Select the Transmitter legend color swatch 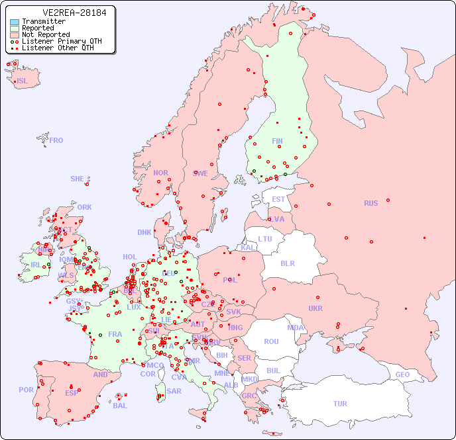pyautogui.click(x=15, y=22)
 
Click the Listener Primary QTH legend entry pyautogui.click(x=56, y=41)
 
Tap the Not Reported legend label pyautogui.click(x=46, y=34)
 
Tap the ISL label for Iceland pyautogui.click(x=23, y=81)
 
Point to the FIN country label pyautogui.click(x=277, y=141)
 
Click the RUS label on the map pyautogui.click(x=370, y=203)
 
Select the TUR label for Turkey pyautogui.click(x=340, y=404)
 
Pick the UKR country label pyautogui.click(x=315, y=308)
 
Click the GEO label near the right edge pyautogui.click(x=402, y=374)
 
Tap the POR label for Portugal pyautogui.click(x=26, y=390)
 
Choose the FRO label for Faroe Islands pyautogui.click(x=56, y=140)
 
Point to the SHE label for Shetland pyautogui.click(x=78, y=179)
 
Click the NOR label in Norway pyautogui.click(x=160, y=173)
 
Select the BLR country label pyautogui.click(x=287, y=263)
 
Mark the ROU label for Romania pyautogui.click(x=271, y=341)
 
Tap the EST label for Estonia pyautogui.click(x=278, y=199)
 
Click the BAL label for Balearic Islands pyautogui.click(x=119, y=406)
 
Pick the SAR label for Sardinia pyautogui.click(x=174, y=391)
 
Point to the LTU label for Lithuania pyautogui.click(x=265, y=239)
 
